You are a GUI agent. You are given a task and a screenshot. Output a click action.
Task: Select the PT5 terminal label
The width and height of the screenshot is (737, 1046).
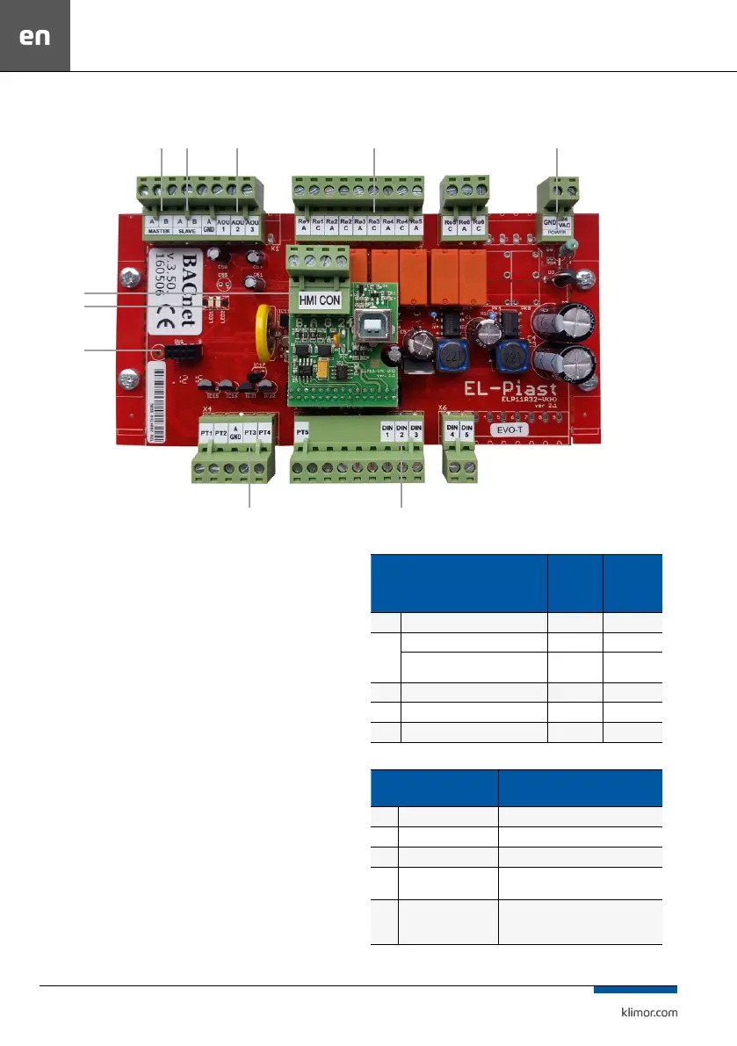click(302, 431)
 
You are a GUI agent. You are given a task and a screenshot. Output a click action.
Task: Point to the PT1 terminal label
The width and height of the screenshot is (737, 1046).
click(207, 433)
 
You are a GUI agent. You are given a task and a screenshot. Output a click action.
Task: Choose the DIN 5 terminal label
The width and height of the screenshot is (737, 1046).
click(466, 431)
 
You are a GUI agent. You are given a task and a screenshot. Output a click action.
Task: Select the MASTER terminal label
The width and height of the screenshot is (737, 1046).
click(159, 232)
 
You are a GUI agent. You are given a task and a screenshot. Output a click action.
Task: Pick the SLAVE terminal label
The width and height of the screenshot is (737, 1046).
click(186, 232)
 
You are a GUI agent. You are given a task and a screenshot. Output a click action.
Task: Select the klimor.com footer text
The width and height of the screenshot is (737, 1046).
click(644, 1012)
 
